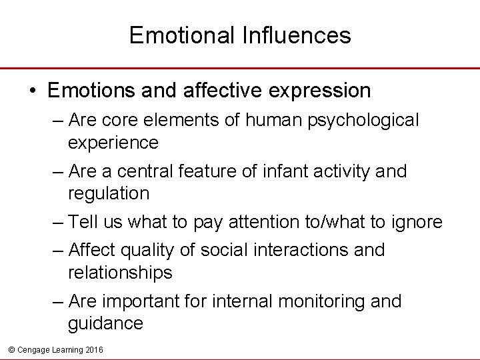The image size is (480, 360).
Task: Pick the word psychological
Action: tap(361, 120)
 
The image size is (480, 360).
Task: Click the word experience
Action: tap(113, 142)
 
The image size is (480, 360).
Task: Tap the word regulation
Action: tap(109, 193)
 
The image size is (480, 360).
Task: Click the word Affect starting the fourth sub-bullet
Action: tap(93, 250)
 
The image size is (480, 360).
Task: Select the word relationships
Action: tap(120, 272)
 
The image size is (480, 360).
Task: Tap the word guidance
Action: tap(105, 323)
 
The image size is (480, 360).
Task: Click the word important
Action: tap(140, 301)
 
